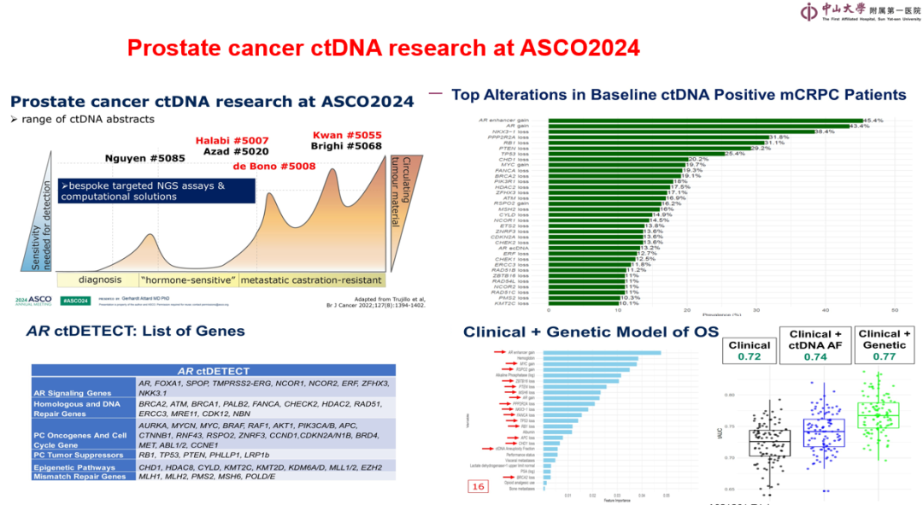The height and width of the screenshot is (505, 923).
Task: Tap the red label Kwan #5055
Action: [x=347, y=135]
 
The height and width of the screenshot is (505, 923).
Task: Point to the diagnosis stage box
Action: [x=100, y=280]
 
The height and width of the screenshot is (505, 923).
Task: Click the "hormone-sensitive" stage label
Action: [x=187, y=280]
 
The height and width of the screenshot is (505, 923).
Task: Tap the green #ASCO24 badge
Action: [x=78, y=301]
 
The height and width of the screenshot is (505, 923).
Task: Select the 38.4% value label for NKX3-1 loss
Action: [x=824, y=132]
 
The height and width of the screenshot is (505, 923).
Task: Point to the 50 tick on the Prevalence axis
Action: [x=894, y=309]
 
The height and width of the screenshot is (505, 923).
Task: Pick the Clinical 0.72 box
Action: [x=749, y=350]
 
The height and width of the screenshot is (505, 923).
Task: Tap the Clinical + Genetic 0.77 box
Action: [x=884, y=344]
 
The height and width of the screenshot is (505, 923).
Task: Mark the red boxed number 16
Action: [x=477, y=486]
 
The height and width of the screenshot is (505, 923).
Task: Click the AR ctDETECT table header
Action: [x=213, y=372]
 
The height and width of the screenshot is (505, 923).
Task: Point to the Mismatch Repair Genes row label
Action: [x=79, y=477]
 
